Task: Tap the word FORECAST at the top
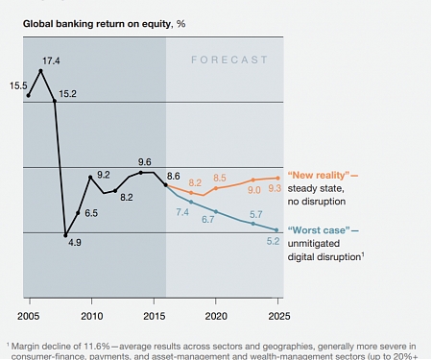[228, 59]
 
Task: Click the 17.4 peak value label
[52, 60]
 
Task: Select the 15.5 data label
[18, 85]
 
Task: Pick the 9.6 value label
[145, 161]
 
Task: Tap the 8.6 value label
[174, 175]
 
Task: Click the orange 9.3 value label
[275, 189]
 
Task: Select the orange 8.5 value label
[220, 178]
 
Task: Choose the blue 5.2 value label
[273, 241]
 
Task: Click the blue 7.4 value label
[182, 211]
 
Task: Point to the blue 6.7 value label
[207, 220]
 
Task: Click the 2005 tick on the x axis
[29, 315]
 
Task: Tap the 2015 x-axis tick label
[154, 315]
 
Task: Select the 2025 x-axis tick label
[277, 315]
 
